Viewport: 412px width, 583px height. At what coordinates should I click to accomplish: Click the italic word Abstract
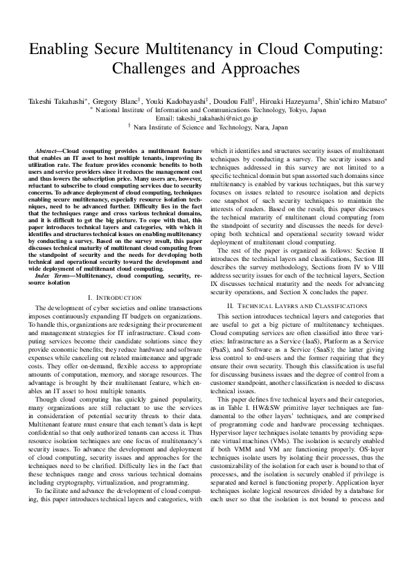tap(48, 150)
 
